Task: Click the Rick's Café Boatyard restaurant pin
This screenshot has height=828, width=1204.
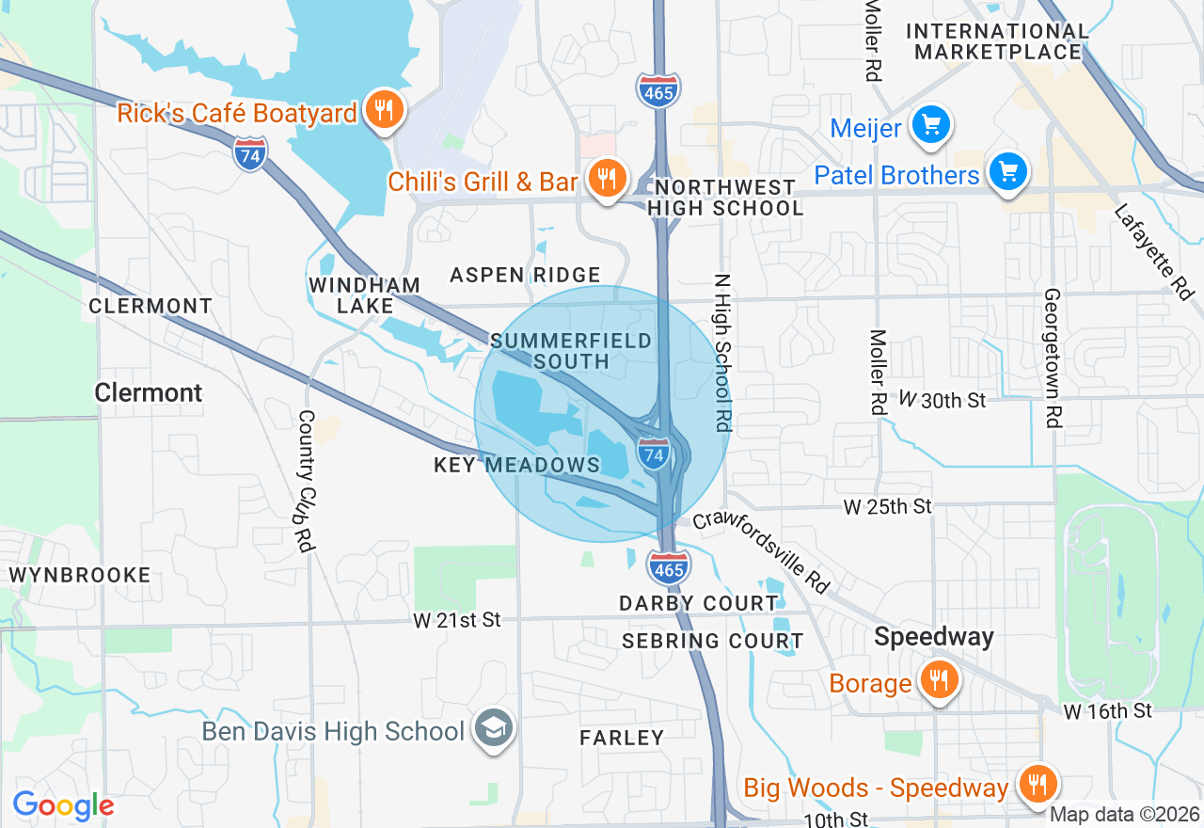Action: click(384, 110)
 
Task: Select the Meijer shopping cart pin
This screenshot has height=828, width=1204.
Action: click(931, 125)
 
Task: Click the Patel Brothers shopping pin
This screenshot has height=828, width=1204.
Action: click(1008, 173)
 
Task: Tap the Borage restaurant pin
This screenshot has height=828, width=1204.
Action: click(938, 680)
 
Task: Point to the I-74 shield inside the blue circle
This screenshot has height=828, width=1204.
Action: click(655, 454)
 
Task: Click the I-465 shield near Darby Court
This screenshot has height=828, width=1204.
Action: click(669, 566)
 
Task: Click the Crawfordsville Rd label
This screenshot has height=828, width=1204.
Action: click(762, 551)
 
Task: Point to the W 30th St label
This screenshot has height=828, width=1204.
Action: click(942, 400)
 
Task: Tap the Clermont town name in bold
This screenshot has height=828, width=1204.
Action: click(149, 392)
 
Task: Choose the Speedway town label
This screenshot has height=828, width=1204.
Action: click(933, 637)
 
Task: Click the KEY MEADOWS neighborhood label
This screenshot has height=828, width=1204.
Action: click(516, 465)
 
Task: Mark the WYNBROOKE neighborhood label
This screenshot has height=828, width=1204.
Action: click(79, 575)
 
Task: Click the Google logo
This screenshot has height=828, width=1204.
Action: click(63, 805)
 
